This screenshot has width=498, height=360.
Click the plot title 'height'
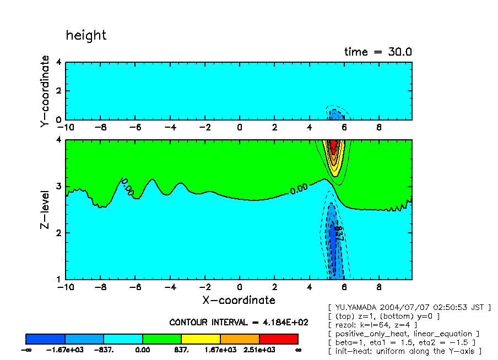pyautogui.click(x=86, y=35)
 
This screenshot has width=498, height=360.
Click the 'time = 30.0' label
pyautogui.click(x=378, y=52)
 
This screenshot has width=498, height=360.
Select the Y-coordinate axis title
pyautogui.click(x=45, y=91)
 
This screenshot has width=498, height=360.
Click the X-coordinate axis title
pyautogui.click(x=239, y=300)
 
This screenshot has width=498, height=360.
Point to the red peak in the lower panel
pyautogui.click(x=333, y=146)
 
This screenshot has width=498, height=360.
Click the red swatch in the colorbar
pyautogui.click(x=278, y=339)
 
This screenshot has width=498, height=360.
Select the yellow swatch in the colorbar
pyautogui.click(x=201, y=339)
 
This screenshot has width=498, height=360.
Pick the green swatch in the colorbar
pyautogui.click(x=162, y=339)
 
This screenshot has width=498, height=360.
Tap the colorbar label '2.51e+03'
pyautogui.click(x=259, y=350)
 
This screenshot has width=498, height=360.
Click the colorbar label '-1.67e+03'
pyautogui.click(x=65, y=350)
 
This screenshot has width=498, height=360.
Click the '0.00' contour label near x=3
pyautogui.click(x=298, y=188)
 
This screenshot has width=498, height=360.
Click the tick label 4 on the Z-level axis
pyautogui.click(x=58, y=140)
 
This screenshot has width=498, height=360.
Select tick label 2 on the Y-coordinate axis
pyautogui.click(x=58, y=91)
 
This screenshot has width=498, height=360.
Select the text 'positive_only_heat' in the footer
pyautogui.click(x=375, y=334)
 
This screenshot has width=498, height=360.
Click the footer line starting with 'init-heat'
pyautogui.click(x=404, y=351)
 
